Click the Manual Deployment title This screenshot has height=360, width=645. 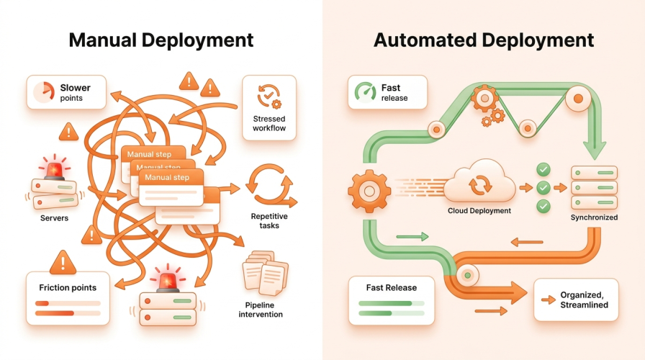(x=161, y=40)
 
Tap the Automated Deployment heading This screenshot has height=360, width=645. (x=483, y=40)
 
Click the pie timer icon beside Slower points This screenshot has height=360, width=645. (x=44, y=91)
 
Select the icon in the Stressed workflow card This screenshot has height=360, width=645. (x=269, y=96)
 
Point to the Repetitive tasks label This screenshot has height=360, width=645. (x=269, y=221)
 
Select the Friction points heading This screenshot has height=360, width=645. (x=68, y=287)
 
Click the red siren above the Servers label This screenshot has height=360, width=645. (x=54, y=168)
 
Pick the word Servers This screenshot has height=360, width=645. (x=54, y=218)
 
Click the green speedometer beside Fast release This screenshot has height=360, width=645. (x=365, y=91)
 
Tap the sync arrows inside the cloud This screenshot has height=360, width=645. (x=480, y=185)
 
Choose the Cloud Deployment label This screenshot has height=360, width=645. (x=479, y=211)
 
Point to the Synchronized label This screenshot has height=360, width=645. (x=594, y=217)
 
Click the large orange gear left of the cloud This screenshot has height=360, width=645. (x=369, y=192)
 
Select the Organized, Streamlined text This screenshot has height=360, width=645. (x=584, y=300)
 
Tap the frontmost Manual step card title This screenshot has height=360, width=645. (x=167, y=177)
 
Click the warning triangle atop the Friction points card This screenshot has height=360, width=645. (x=63, y=262)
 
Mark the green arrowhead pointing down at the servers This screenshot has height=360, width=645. (x=595, y=150)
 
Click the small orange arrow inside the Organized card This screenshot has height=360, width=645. (x=549, y=300)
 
